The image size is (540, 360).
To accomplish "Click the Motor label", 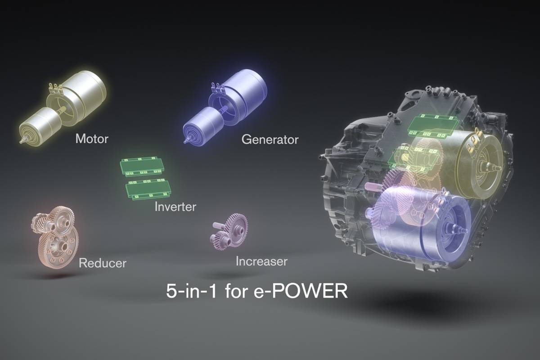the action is click(x=92, y=139).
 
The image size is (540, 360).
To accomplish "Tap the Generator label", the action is click(x=270, y=139).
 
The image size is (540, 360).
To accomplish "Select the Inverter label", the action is click(x=175, y=207).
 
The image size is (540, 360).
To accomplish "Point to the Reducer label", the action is click(x=103, y=263).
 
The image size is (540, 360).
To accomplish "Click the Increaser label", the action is click(x=261, y=261).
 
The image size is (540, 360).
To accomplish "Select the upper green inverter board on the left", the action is click(x=141, y=166).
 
